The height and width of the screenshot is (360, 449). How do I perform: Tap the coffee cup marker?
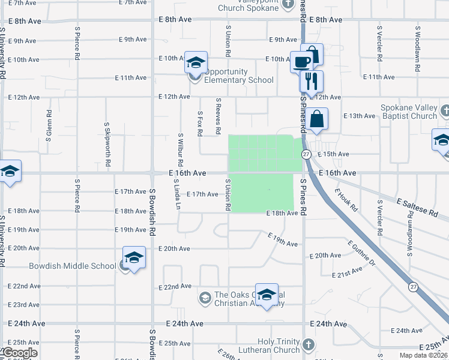[x=301, y=61]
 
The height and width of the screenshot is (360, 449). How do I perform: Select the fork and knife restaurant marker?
[x=311, y=81]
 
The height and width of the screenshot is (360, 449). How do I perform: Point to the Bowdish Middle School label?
[x=73, y=266]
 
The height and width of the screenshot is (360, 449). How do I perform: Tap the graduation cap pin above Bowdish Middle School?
[x=134, y=257]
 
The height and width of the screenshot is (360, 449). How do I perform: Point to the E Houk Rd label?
[x=346, y=200]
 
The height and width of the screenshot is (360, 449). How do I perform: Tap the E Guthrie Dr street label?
[x=361, y=253]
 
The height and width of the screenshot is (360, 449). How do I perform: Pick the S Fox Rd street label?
[x=200, y=122]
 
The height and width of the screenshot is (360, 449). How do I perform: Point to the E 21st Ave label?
[x=348, y=273]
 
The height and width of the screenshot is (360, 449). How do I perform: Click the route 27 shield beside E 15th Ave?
[x=306, y=155]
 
